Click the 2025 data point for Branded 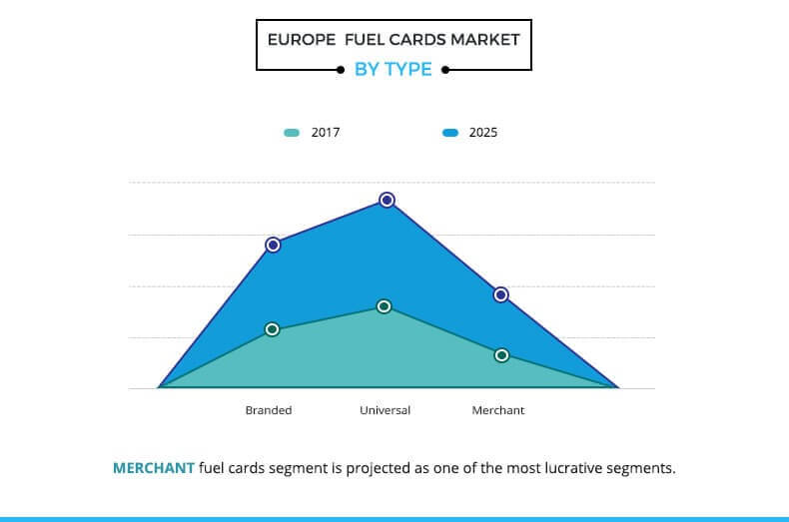pyautogui.click(x=273, y=245)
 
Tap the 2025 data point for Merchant pyautogui.click(x=501, y=294)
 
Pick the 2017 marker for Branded pyautogui.click(x=273, y=329)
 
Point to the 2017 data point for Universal pyautogui.click(x=385, y=306)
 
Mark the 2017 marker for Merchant pyautogui.click(x=501, y=355)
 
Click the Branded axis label pyautogui.click(x=269, y=410)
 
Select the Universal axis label pyautogui.click(x=385, y=410)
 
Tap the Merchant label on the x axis pyautogui.click(x=497, y=410)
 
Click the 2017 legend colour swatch pyautogui.click(x=292, y=133)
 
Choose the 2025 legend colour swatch pyautogui.click(x=450, y=133)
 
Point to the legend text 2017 pyautogui.click(x=326, y=133)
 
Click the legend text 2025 pyautogui.click(x=483, y=133)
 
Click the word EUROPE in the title pyautogui.click(x=302, y=40)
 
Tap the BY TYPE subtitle pyautogui.click(x=394, y=70)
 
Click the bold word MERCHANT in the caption pyautogui.click(x=154, y=467)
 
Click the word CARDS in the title pyautogui.click(x=405, y=40)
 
